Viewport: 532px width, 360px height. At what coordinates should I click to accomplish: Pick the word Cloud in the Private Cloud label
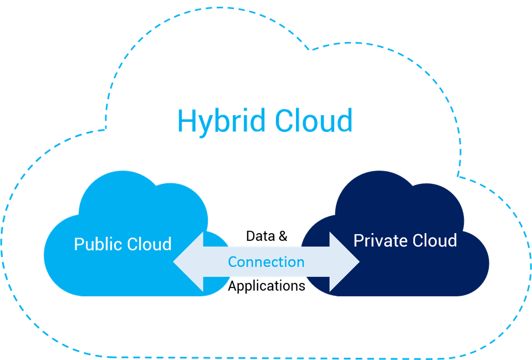[434, 240]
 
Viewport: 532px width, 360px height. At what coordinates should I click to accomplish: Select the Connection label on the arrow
[267, 261]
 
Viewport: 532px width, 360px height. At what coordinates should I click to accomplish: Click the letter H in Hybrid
[187, 121]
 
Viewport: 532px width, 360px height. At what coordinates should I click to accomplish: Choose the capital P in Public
[79, 244]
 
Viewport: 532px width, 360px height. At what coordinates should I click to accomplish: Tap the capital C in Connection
[233, 261]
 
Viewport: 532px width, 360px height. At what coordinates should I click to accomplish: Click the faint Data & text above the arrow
[267, 236]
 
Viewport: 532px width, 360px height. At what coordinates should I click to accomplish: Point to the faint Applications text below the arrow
[267, 286]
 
